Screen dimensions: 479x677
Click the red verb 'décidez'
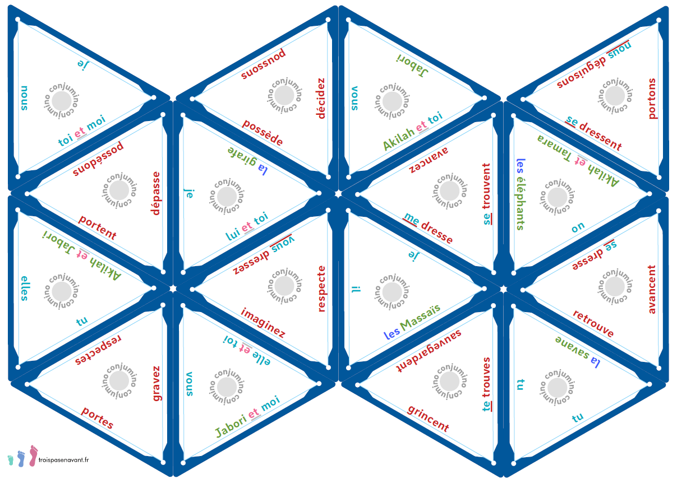tap(321, 99)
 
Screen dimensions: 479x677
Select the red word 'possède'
tap(263, 133)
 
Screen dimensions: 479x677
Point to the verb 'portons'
tap(652, 99)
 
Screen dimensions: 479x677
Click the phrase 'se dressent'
tap(594, 133)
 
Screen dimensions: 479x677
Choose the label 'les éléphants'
tap(521, 194)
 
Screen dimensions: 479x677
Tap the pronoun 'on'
tap(578, 227)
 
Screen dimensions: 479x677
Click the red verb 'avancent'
tap(652, 289)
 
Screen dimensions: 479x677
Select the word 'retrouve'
tap(593, 324)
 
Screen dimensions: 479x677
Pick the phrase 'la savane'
tap(577, 351)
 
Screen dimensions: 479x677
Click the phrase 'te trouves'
tap(486, 384)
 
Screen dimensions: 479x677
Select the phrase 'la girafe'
tap(247, 160)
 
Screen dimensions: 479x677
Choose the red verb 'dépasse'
tap(156, 193)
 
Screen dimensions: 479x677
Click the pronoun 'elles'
tap(24, 288)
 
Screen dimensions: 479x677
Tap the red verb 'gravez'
tap(156, 384)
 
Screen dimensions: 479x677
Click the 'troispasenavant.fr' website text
tap(65, 459)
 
